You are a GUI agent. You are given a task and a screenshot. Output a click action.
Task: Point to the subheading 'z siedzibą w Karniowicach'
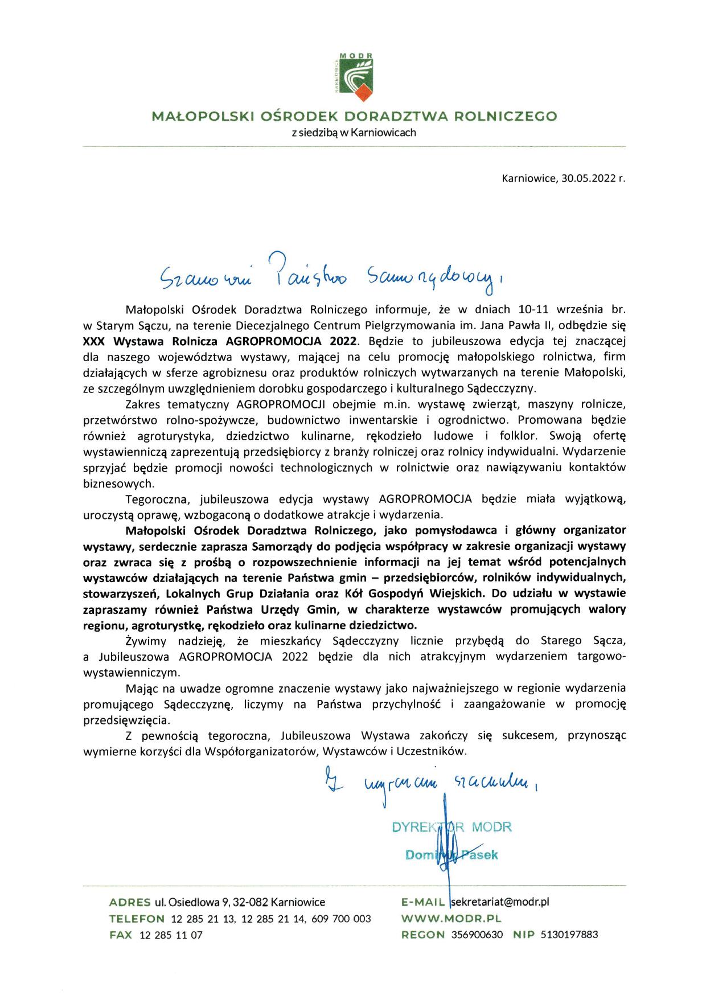354,133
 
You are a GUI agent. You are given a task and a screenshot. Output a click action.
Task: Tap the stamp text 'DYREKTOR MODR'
451,827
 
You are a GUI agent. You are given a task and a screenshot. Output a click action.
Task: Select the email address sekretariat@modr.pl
499,902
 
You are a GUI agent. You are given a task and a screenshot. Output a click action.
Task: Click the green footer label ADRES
129,902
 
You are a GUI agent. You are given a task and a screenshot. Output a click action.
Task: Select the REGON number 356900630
477,935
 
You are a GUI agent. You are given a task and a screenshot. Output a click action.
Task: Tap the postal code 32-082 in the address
249,902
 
